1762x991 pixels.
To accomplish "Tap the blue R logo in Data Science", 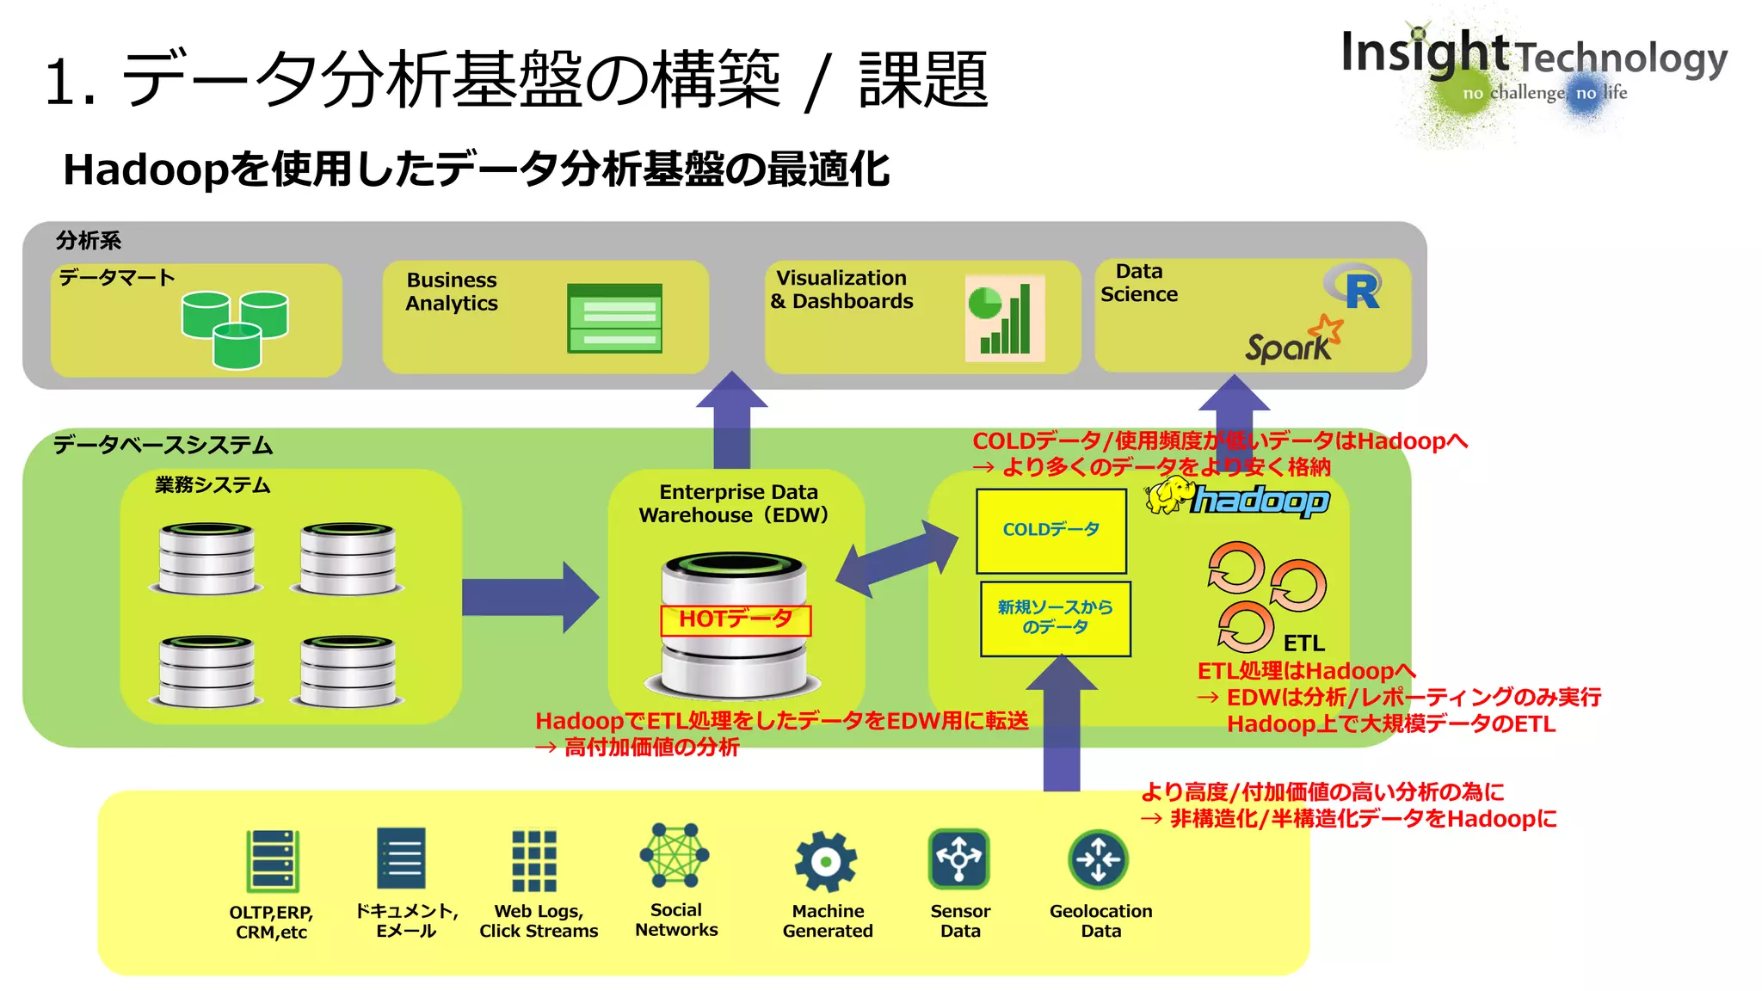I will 1358,289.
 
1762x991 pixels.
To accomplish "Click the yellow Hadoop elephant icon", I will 1169,496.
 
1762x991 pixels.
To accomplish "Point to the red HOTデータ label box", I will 735,620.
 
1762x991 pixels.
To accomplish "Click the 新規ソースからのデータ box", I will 1055,619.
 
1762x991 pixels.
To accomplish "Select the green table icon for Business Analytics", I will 614,318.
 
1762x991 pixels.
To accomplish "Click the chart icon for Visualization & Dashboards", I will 1004,318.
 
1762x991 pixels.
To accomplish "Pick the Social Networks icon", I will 675,856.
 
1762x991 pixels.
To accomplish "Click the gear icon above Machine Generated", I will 826,861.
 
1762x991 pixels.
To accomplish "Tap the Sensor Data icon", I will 959,859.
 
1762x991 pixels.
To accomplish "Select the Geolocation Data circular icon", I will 1098,859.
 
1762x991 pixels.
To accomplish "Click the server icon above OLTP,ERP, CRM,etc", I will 272,861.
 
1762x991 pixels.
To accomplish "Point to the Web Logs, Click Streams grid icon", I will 534,860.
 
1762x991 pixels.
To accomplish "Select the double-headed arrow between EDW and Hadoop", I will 896,558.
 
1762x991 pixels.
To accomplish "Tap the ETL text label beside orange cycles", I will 1303,643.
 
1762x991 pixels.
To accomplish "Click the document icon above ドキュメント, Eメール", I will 402,859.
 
